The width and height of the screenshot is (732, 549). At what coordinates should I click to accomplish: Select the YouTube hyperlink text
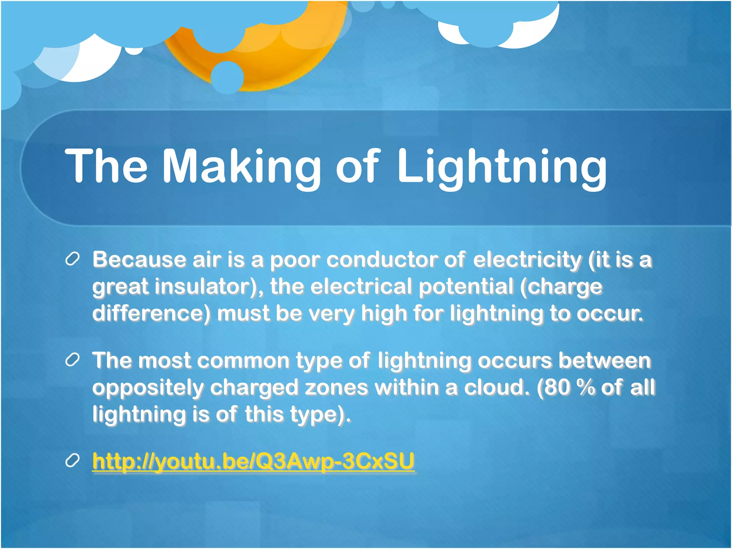253,461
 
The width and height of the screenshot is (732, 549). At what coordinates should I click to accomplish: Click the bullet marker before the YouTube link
72,461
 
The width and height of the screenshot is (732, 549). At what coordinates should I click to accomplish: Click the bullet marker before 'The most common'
72,360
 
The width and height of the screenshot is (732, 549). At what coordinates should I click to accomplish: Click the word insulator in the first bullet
207,287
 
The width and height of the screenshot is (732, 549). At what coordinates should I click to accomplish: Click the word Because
139,259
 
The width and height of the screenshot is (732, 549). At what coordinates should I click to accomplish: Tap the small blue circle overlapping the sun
227,77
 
